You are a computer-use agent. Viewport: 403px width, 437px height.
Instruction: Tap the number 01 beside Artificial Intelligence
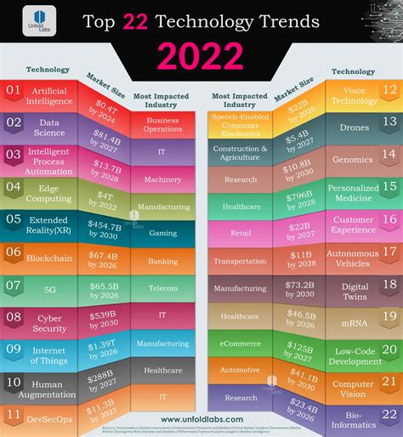coord(13,89)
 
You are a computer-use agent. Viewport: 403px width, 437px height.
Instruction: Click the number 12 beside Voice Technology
coord(389,89)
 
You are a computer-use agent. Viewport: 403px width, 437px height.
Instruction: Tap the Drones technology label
coord(354,125)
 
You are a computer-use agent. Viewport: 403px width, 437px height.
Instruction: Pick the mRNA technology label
coord(354,322)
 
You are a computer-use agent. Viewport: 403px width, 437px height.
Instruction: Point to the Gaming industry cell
coord(163,233)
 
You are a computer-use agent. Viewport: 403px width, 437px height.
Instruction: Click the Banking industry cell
coord(163,263)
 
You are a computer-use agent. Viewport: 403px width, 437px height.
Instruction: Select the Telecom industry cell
coord(163,288)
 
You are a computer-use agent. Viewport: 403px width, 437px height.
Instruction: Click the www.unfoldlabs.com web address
coord(201,417)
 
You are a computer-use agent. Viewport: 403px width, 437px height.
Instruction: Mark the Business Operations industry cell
coord(163,122)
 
